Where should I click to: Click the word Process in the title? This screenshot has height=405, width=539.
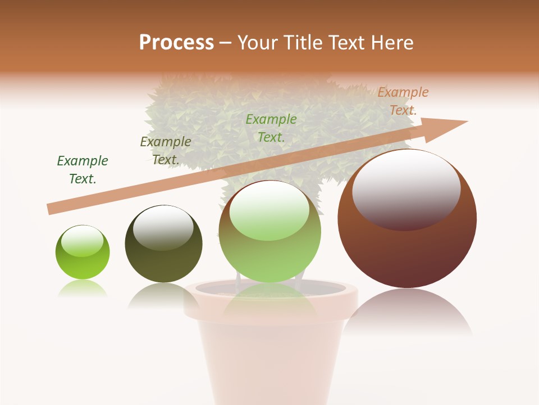(x=176, y=43)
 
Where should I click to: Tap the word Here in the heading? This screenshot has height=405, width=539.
(x=391, y=43)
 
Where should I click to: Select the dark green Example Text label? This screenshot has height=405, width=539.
(x=83, y=170)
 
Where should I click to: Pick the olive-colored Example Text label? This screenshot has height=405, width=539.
(x=166, y=151)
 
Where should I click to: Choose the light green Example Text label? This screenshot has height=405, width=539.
(x=271, y=128)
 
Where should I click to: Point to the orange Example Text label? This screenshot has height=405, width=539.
(x=403, y=101)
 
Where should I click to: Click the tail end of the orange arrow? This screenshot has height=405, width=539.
(x=52, y=209)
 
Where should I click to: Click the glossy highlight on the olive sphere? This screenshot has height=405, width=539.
(x=163, y=227)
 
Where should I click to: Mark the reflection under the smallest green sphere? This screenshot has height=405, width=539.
(x=83, y=289)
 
